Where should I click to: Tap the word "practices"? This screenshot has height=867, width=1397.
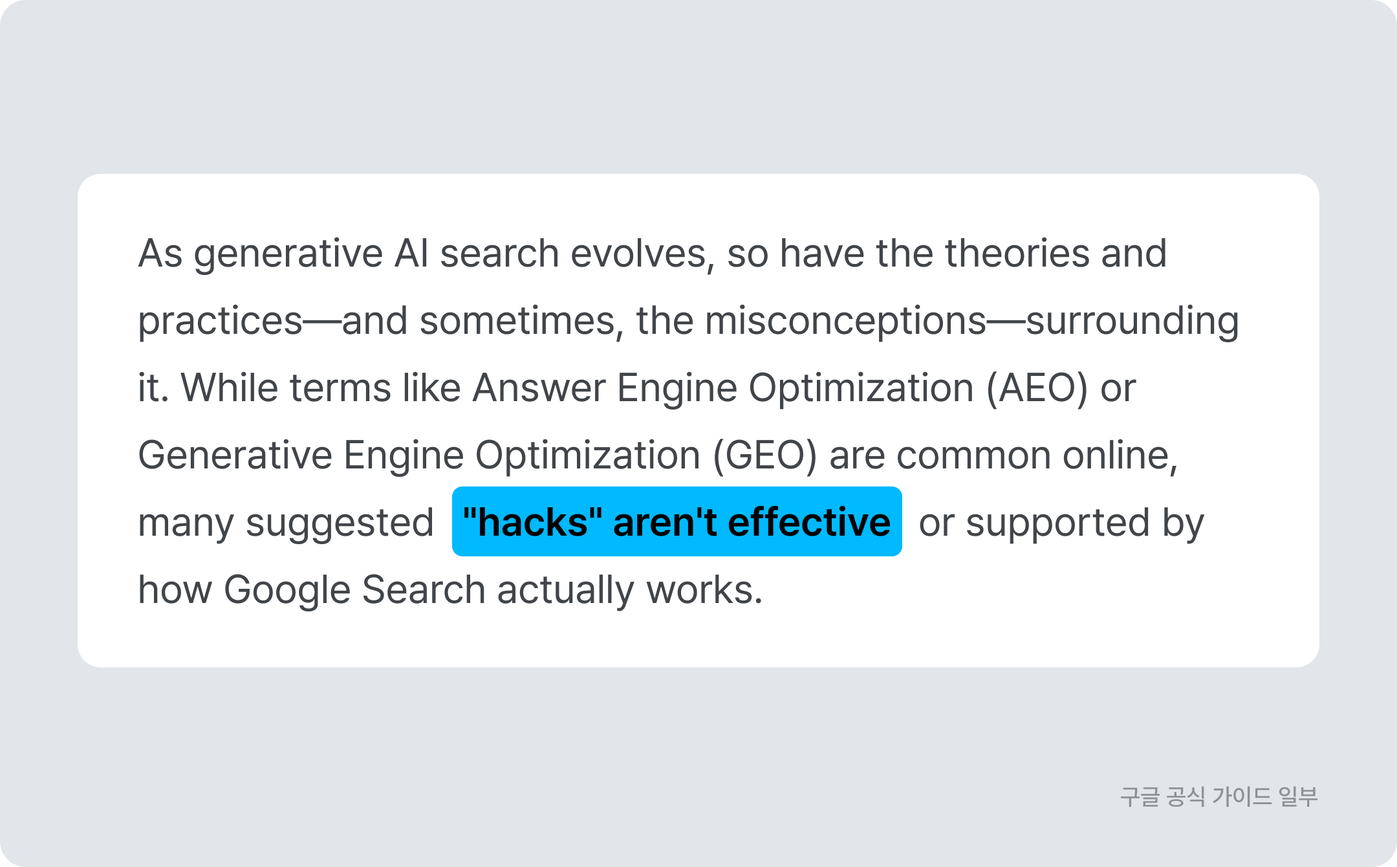(x=221, y=322)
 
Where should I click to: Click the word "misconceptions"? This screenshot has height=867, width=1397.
(x=845, y=322)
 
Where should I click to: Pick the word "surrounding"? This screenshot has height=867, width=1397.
(x=1132, y=322)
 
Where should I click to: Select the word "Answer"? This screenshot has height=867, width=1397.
(x=539, y=388)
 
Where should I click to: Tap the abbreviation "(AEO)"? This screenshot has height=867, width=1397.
(x=1037, y=389)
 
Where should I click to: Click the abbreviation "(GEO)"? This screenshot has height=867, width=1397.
(x=765, y=456)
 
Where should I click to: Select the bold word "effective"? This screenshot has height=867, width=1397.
(x=809, y=522)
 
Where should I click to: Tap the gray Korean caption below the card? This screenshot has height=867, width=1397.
(x=1219, y=796)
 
